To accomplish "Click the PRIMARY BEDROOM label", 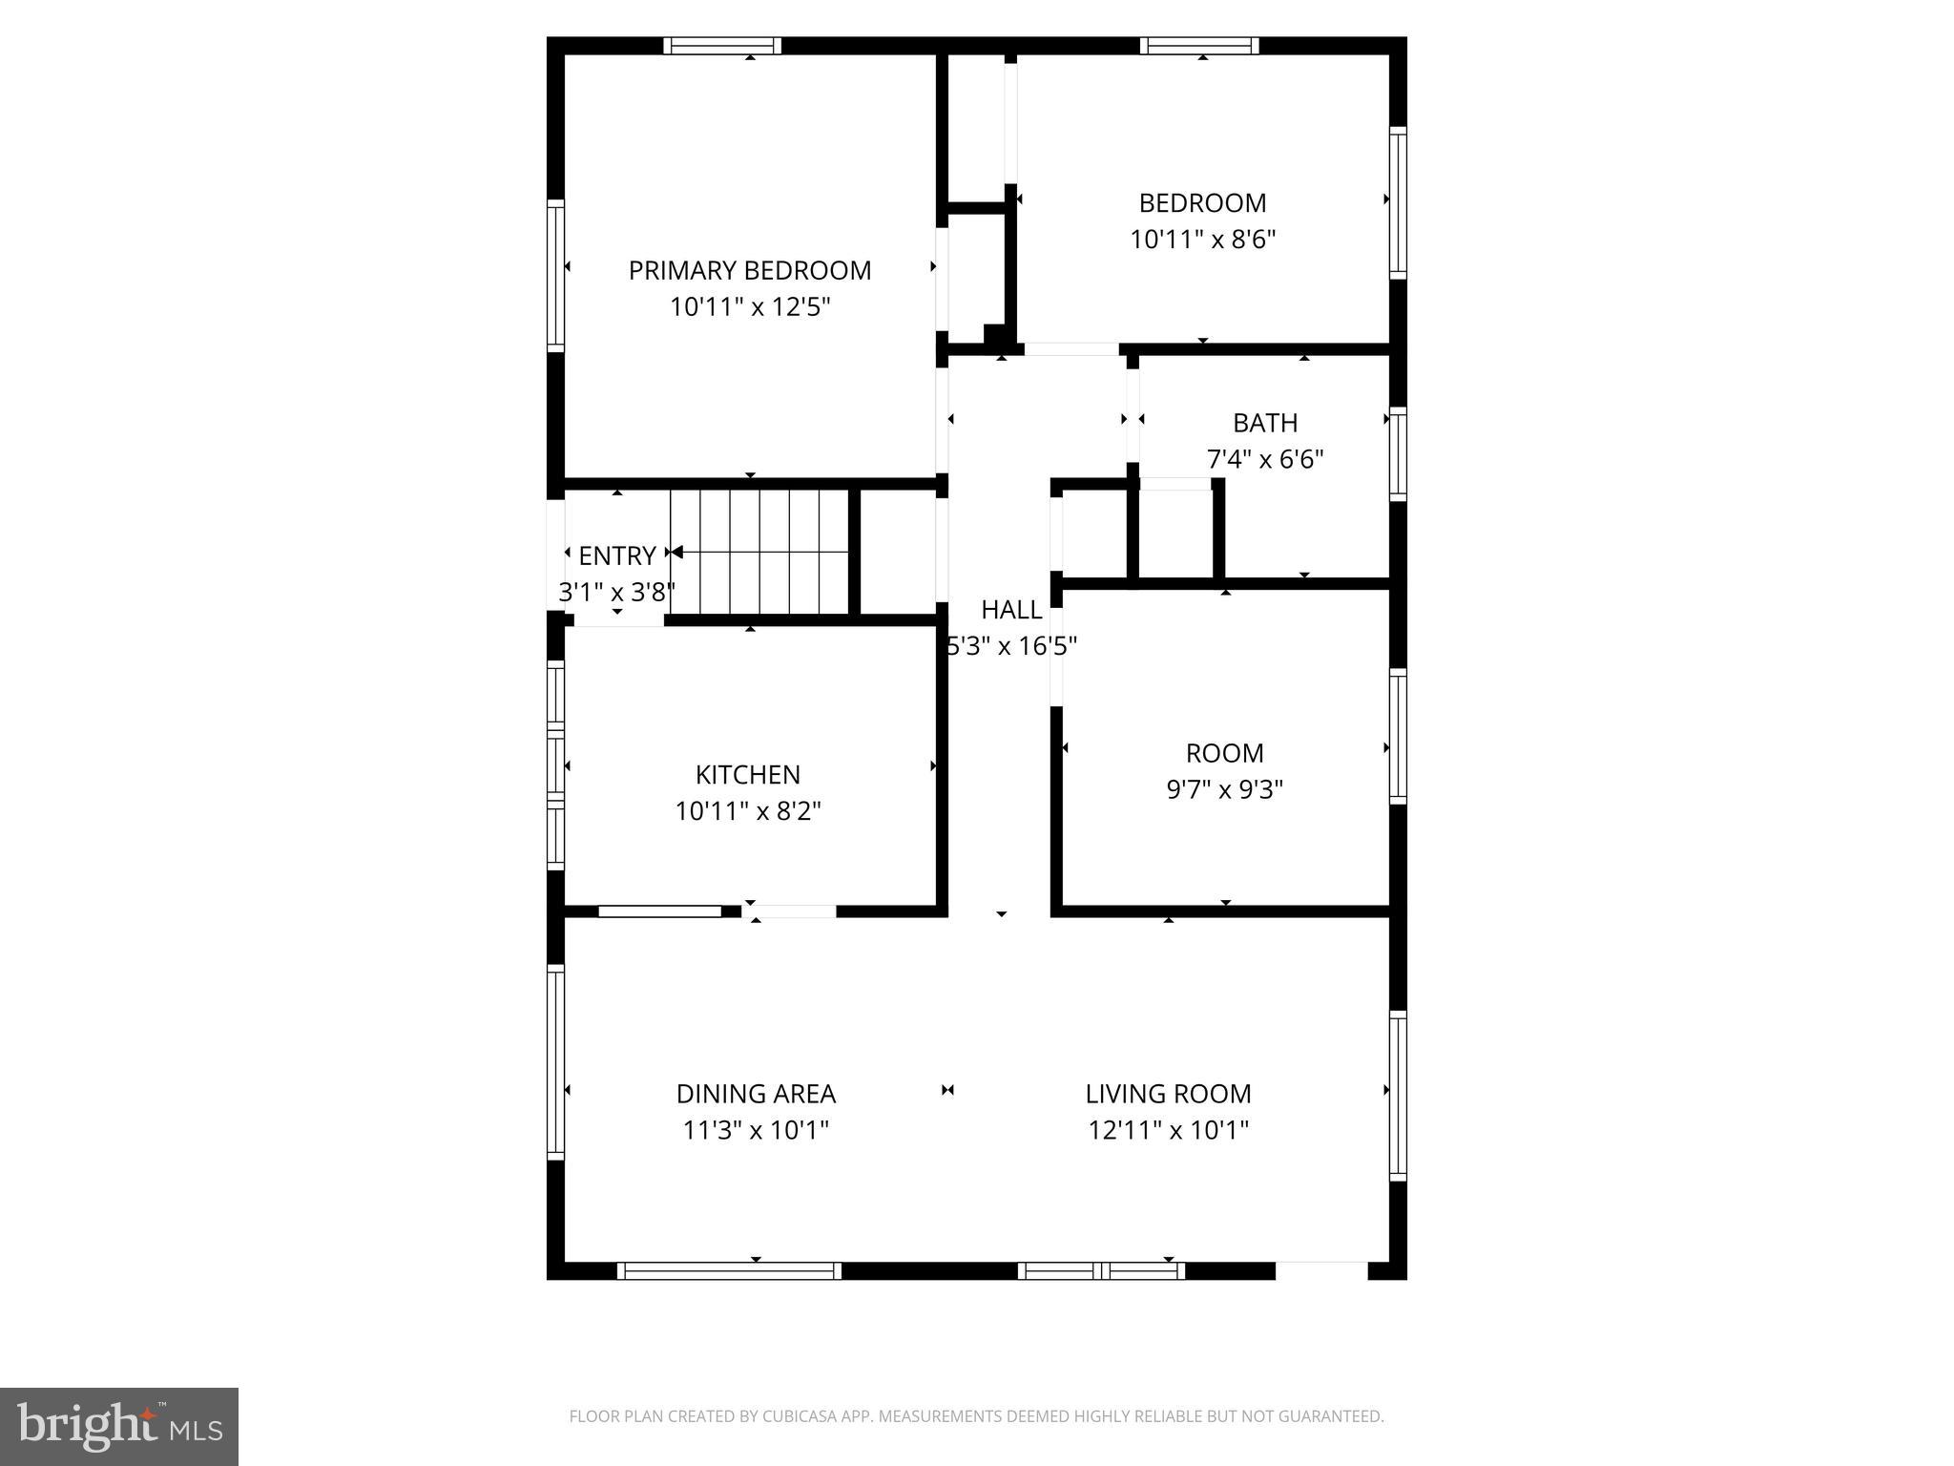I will (x=749, y=271).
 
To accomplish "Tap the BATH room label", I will (x=1265, y=423).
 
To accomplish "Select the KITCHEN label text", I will (x=747, y=774).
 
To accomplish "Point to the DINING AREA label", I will (x=756, y=1094).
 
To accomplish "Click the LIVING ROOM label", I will (x=1168, y=1094).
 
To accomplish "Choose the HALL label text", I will (x=1011, y=610).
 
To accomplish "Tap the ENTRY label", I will (x=616, y=555).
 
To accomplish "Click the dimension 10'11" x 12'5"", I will (x=750, y=307).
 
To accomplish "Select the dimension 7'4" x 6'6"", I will (x=1265, y=460).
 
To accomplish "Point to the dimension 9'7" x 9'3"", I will (x=1224, y=790).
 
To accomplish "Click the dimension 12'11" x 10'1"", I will (x=1168, y=1131).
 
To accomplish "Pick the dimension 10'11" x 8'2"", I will (x=747, y=811).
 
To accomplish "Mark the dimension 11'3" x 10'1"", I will (x=756, y=1131).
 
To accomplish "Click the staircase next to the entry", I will (x=760, y=552).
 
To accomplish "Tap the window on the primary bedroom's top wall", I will (x=722, y=46).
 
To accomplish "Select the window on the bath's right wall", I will (x=1398, y=453).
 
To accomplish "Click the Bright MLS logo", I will (x=119, y=1427).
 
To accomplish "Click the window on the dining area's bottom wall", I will (x=729, y=1270).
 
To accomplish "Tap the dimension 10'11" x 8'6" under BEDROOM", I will (x=1202, y=240).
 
